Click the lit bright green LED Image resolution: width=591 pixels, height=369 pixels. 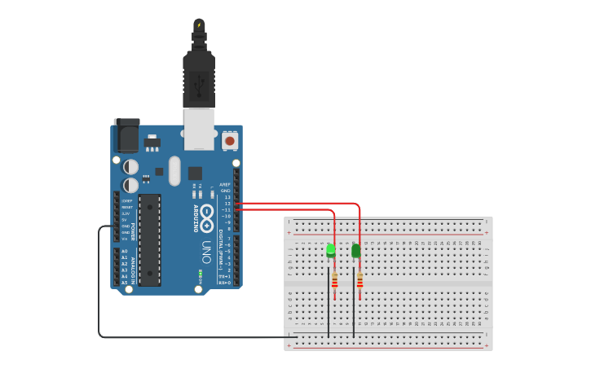[x=330, y=250]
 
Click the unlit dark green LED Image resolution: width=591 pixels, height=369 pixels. [x=355, y=250]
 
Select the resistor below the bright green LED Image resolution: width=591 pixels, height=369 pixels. [x=334, y=280]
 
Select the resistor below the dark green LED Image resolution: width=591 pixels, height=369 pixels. [x=359, y=280]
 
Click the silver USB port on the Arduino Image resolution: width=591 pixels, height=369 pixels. [x=199, y=129]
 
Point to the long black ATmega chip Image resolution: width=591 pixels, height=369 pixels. [x=149, y=239]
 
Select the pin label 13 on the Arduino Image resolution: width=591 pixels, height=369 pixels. [x=227, y=197]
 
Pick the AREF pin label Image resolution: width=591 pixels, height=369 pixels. [x=225, y=184]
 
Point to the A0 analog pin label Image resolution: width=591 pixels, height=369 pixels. [x=125, y=251]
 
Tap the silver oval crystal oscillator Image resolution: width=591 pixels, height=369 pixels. [x=174, y=169]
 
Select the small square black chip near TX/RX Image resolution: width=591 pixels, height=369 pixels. [x=195, y=173]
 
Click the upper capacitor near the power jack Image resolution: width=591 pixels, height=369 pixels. [x=130, y=166]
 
